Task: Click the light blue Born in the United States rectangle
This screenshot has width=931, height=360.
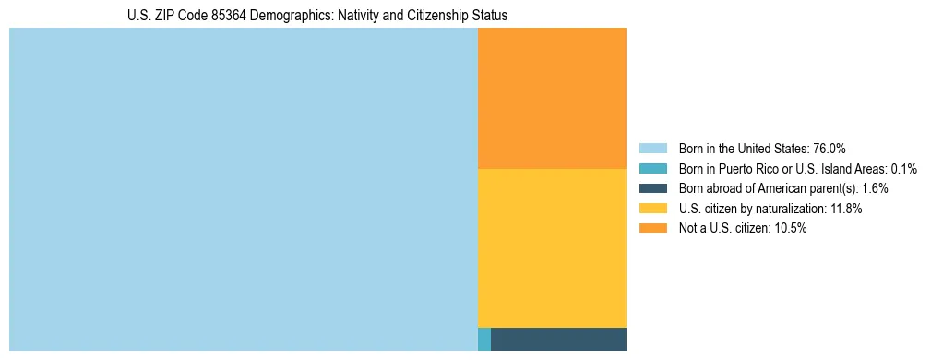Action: click(x=244, y=189)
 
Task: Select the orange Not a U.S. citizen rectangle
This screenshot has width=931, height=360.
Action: click(x=552, y=98)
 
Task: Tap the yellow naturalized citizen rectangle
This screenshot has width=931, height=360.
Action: click(x=552, y=247)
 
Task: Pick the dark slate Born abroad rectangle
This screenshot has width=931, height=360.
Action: click(x=558, y=339)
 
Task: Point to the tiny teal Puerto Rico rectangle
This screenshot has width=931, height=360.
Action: click(x=484, y=339)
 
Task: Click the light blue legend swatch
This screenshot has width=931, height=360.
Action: click(x=652, y=149)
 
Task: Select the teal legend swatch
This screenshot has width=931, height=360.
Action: click(x=652, y=169)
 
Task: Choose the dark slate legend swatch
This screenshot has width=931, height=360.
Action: click(x=652, y=188)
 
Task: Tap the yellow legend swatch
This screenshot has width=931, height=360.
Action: click(x=652, y=209)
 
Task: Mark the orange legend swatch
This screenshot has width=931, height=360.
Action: click(x=652, y=228)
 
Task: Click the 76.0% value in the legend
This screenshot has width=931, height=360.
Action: click(x=830, y=149)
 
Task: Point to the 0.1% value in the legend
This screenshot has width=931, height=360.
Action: click(x=904, y=169)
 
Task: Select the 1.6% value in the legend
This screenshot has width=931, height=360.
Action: click(x=875, y=188)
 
